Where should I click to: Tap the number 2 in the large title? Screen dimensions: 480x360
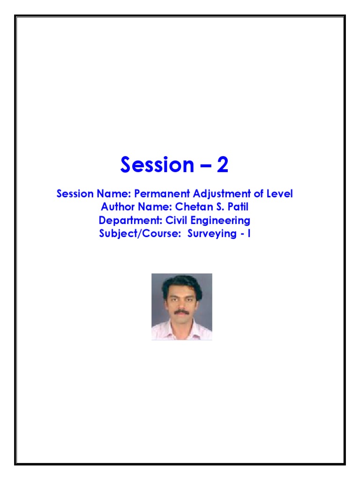click(x=222, y=165)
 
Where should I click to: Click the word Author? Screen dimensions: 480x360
click(x=117, y=207)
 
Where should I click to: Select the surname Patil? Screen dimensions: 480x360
click(x=237, y=207)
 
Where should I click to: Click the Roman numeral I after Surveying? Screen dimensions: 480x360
click(x=248, y=233)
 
